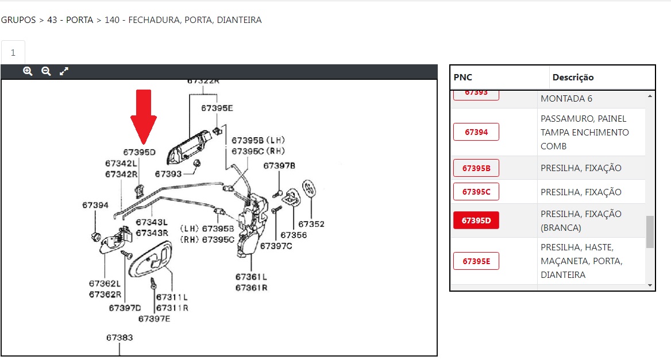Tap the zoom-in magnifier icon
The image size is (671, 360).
28,71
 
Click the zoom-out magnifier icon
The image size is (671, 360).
46,71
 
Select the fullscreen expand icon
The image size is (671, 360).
64,71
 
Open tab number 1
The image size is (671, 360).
13,52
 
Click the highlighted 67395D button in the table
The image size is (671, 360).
476,220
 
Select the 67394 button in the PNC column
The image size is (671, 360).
476,132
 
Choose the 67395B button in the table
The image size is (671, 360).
476,168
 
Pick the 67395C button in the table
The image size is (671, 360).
476,192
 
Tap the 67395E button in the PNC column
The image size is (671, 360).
476,261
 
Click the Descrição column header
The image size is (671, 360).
573,78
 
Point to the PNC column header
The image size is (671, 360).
463,78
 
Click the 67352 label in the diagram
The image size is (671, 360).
311,224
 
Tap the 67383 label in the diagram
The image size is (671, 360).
119,338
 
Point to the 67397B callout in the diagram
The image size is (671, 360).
279,166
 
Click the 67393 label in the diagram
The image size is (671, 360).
168,174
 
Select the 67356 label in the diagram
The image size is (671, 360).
294,235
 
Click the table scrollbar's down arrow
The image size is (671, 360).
650,285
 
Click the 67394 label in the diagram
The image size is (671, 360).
95,205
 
